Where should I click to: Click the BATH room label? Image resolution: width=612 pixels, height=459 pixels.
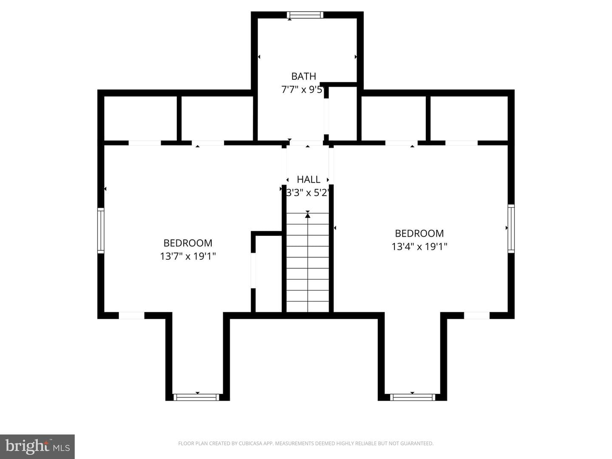tap(303, 76)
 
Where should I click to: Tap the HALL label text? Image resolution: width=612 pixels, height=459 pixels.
tap(309, 179)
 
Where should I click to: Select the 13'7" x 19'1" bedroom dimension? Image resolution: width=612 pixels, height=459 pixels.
tap(188, 256)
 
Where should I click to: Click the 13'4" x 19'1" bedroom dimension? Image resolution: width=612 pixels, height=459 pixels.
tap(419, 246)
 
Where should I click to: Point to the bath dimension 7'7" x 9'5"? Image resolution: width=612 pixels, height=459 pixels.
tap(303, 89)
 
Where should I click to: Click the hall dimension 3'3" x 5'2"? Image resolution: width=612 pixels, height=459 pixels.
tap(308, 193)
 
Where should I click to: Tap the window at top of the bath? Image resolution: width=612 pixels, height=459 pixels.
tap(305, 15)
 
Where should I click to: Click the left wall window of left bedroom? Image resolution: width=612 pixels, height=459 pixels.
tap(101, 230)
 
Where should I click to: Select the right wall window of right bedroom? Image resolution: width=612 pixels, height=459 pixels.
tap(511, 229)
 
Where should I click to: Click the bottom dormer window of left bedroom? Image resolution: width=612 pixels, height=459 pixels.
tap(197, 397)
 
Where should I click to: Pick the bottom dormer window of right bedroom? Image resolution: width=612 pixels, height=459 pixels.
tap(412, 397)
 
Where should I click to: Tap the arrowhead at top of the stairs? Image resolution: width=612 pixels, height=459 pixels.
tap(308, 215)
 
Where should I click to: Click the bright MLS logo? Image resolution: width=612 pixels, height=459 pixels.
tap(37, 446)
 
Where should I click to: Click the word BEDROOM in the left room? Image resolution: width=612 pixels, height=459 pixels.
tap(188, 243)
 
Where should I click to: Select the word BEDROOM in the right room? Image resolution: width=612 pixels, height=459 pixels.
tap(419, 233)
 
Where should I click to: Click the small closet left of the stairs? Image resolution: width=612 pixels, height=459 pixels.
tap(269, 274)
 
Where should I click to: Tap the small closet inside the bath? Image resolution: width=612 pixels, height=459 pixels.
tap(343, 113)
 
